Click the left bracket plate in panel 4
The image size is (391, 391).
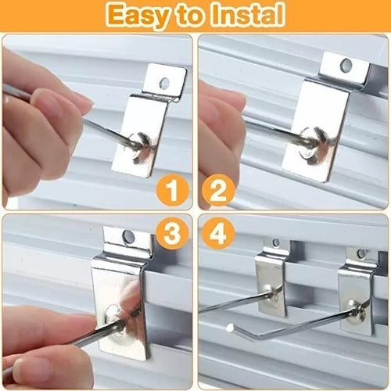[x=269, y=285]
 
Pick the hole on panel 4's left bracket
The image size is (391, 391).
[x=275, y=243]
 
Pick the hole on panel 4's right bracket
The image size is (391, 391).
[x=361, y=253]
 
